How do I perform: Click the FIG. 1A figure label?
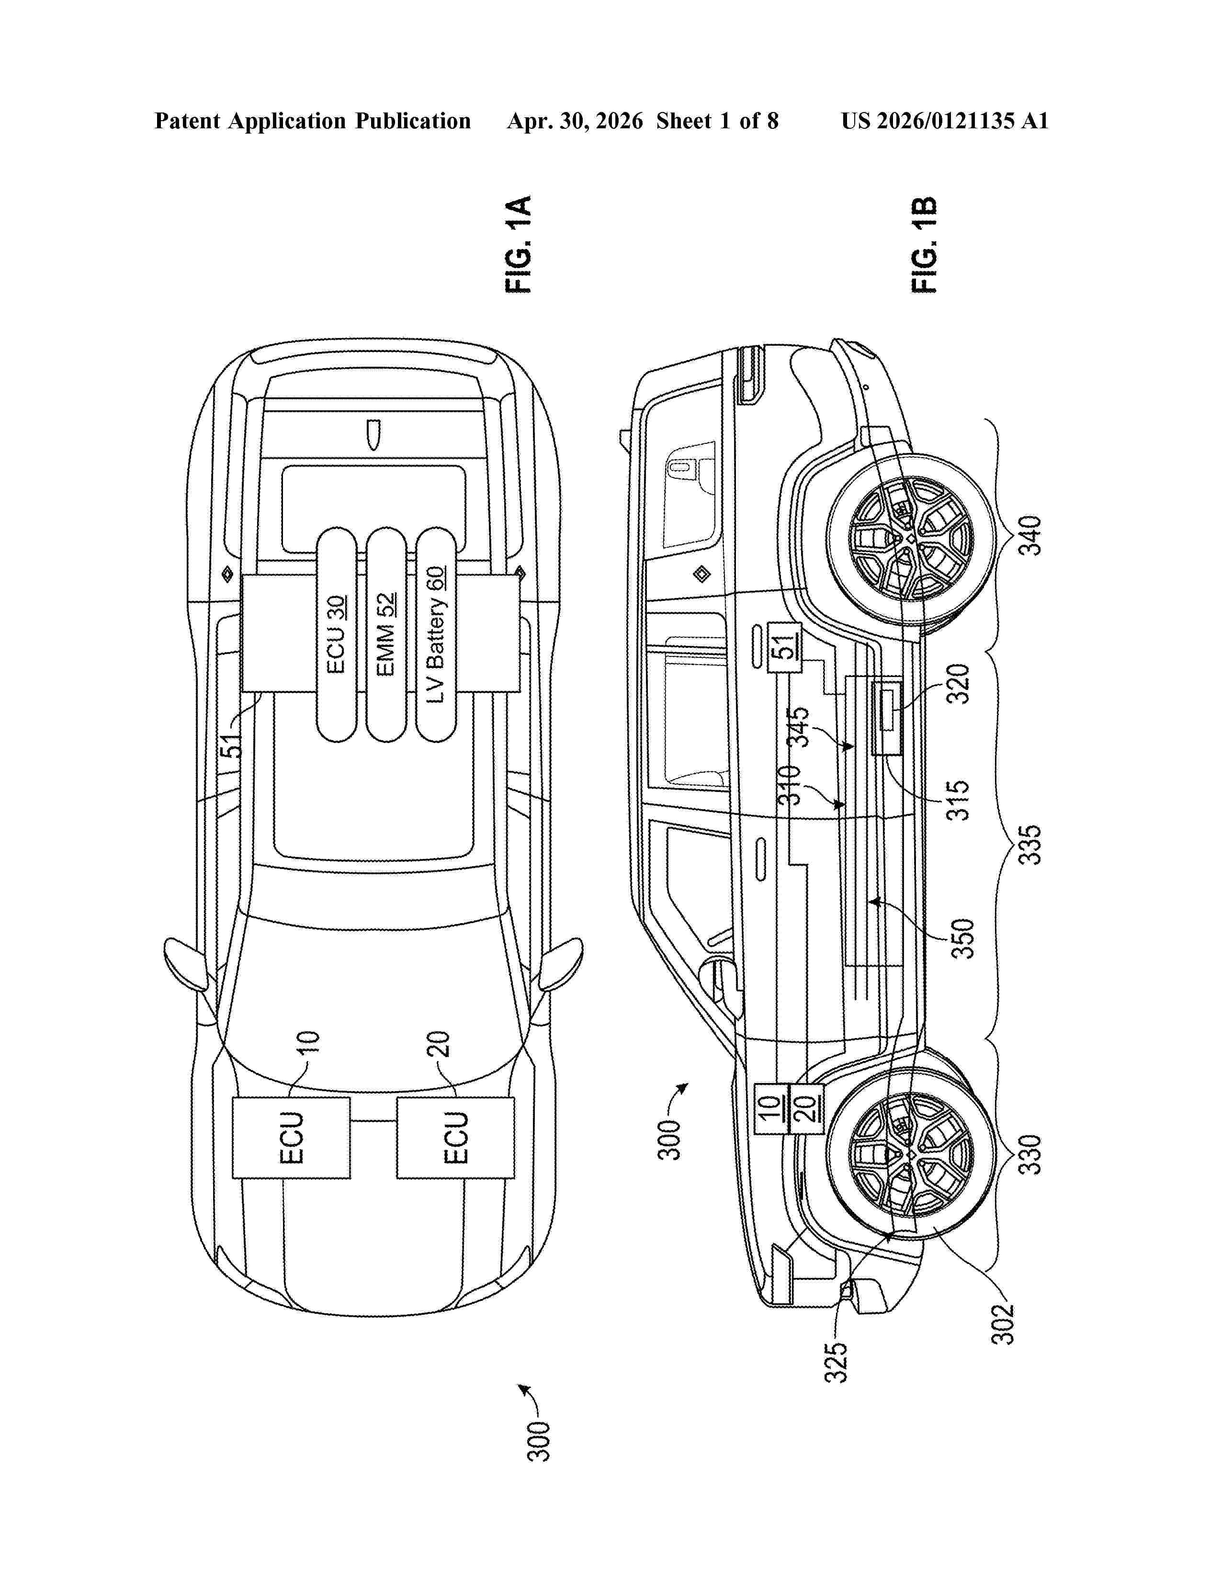pyautogui.click(x=519, y=245)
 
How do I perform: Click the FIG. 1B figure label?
pyautogui.click(x=925, y=245)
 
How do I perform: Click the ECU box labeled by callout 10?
pyautogui.click(x=292, y=1138)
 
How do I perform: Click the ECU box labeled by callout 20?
pyautogui.click(x=456, y=1138)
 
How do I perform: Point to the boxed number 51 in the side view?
pyautogui.click(x=784, y=645)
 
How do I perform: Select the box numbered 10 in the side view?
pyautogui.click(x=772, y=1108)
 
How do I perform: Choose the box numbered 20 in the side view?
pyautogui.click(x=806, y=1108)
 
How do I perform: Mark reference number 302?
pyautogui.click(x=1003, y=1324)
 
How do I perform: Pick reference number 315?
pyautogui.click(x=958, y=800)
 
